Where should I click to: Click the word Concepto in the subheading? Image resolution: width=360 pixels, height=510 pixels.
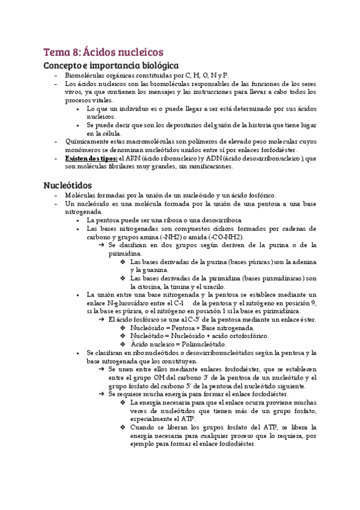[x=63, y=65]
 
